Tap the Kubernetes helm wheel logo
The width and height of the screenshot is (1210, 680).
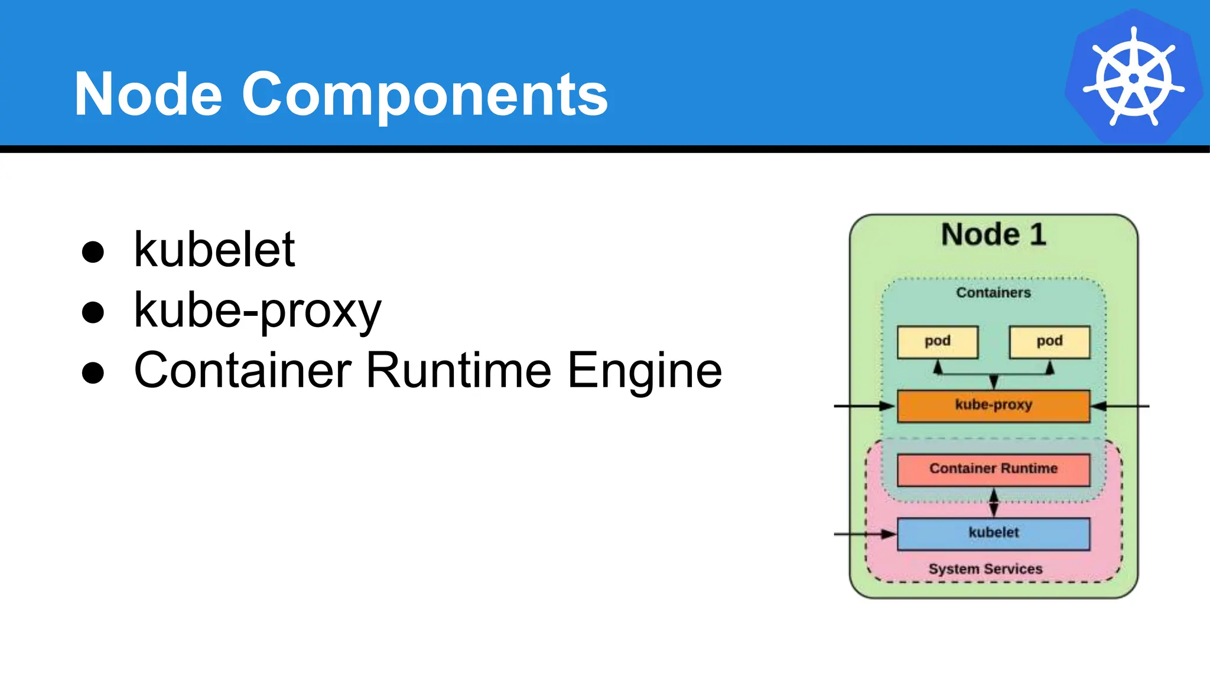pyautogui.click(x=1133, y=77)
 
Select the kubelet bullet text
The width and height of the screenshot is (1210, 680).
pyautogui.click(x=214, y=250)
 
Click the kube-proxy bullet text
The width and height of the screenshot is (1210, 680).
pyautogui.click(x=258, y=311)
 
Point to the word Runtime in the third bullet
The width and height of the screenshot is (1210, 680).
pyautogui.click(x=458, y=371)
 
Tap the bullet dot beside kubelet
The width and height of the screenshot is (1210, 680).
pyautogui.click(x=93, y=252)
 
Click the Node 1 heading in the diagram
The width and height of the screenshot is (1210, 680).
pyautogui.click(x=994, y=235)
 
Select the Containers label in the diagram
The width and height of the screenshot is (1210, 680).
pyautogui.click(x=993, y=293)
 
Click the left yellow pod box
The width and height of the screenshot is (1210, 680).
pyautogui.click(x=937, y=342)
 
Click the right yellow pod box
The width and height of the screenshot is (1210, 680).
pyautogui.click(x=1049, y=342)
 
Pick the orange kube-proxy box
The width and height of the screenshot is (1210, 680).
pyautogui.click(x=993, y=406)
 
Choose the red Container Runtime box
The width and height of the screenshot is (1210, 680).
pyautogui.click(x=993, y=469)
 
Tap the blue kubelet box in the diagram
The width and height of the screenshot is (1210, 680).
pyautogui.click(x=993, y=534)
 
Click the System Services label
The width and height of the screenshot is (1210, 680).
pyautogui.click(x=985, y=569)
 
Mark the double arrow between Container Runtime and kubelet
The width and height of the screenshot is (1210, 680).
pyautogui.click(x=994, y=502)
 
